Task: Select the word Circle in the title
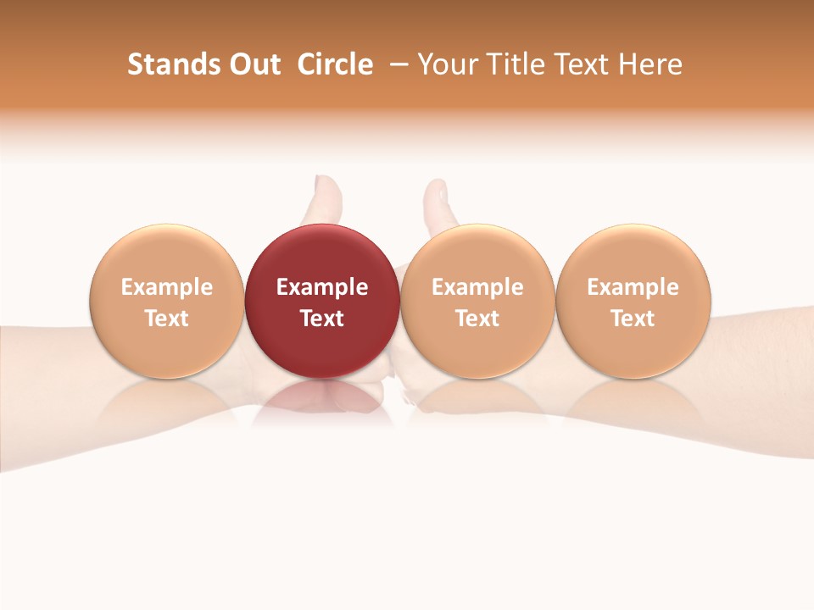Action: point(335,64)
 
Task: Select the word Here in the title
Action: point(650,64)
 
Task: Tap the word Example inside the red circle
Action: point(322,287)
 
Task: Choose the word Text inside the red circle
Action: point(322,319)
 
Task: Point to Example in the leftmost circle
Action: point(166,287)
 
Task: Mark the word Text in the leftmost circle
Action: point(166,319)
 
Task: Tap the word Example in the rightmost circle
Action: point(633,287)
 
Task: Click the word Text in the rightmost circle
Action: point(633,319)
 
